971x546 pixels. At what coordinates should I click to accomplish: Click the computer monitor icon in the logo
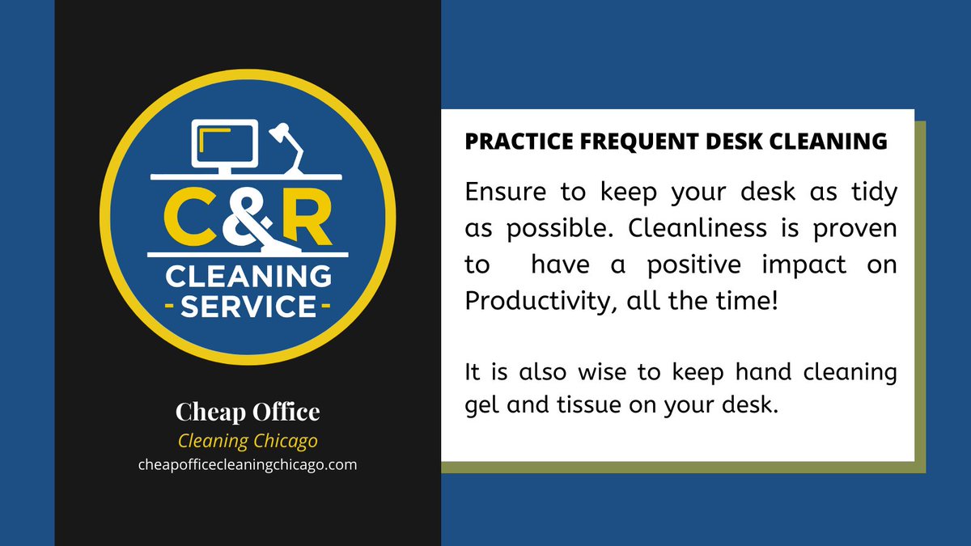click(x=224, y=145)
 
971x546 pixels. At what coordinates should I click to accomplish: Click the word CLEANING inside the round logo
click(x=248, y=277)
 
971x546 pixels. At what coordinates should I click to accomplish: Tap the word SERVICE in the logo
click(x=248, y=308)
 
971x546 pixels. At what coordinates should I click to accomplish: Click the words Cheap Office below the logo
click(x=248, y=412)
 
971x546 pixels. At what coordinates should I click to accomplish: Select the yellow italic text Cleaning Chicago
click(x=248, y=442)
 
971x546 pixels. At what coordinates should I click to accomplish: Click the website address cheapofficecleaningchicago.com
click(x=248, y=465)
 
